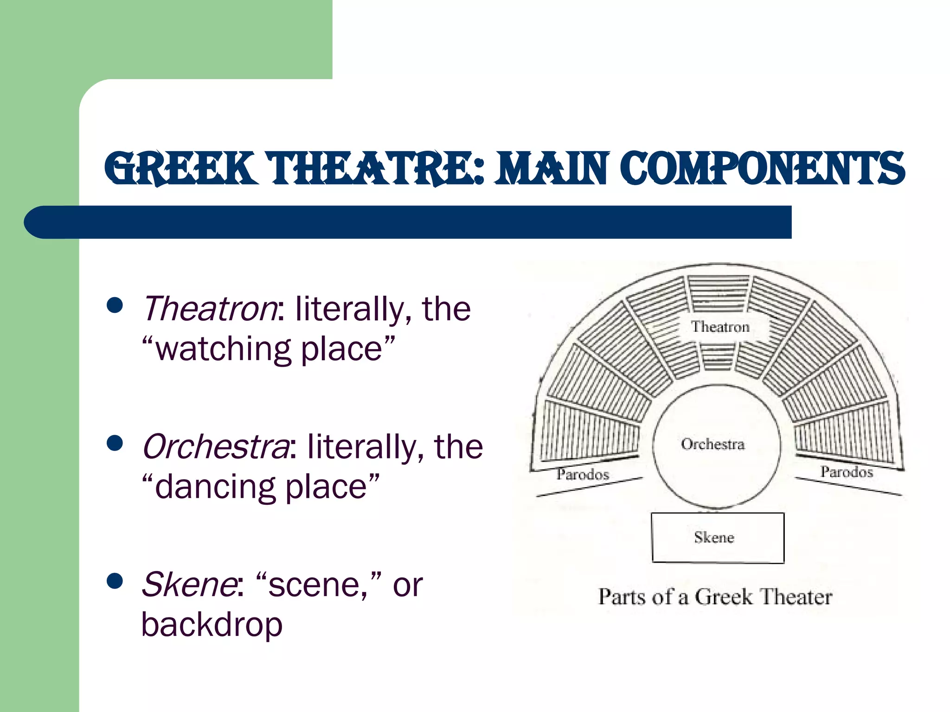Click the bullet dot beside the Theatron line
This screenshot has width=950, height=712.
(x=115, y=305)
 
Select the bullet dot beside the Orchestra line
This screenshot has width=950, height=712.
(x=115, y=443)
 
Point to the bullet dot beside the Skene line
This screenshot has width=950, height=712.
(x=115, y=581)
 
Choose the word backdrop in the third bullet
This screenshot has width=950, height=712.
(x=212, y=625)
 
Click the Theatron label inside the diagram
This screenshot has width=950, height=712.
(x=720, y=327)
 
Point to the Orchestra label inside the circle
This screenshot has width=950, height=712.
(x=713, y=444)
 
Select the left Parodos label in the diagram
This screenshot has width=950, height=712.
(x=583, y=474)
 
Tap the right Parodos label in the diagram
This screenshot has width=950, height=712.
(x=847, y=472)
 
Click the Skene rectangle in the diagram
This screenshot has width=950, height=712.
(x=717, y=538)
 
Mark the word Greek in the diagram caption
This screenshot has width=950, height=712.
(x=724, y=597)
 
